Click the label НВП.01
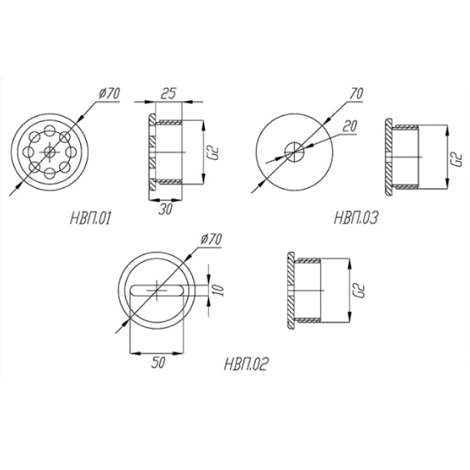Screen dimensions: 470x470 90,218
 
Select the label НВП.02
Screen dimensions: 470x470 245,364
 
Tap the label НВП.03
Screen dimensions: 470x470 356,218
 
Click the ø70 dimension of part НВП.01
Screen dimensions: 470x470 109,93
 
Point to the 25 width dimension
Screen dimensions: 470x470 168,93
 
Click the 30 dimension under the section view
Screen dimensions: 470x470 165,209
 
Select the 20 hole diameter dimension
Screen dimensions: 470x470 350,126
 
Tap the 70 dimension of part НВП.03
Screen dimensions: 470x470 356,93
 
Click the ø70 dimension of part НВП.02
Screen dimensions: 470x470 211,239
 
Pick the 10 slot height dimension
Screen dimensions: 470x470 220,290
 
